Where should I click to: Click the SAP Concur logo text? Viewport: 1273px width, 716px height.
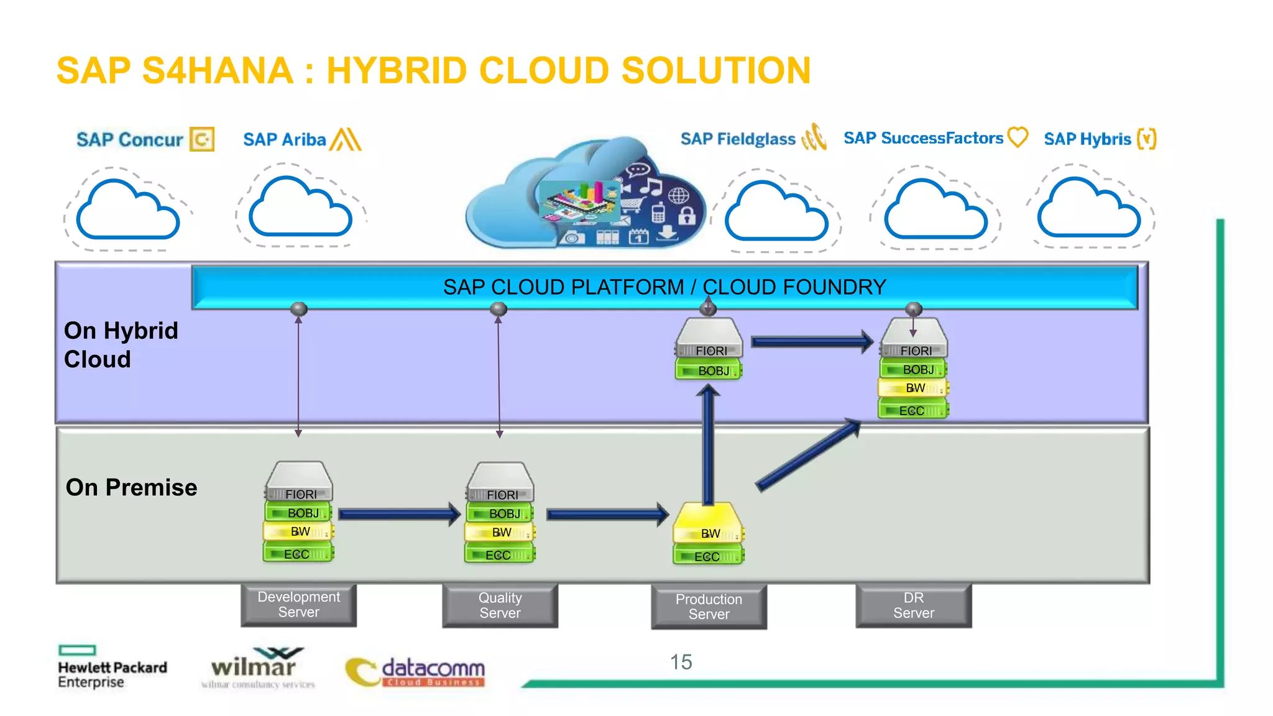tap(130, 140)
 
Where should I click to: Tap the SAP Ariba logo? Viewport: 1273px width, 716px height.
tap(301, 139)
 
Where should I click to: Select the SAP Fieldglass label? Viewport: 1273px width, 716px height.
tap(738, 139)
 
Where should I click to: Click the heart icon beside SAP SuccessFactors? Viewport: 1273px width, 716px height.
tap(1018, 137)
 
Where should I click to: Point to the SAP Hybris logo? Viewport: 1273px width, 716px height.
tap(1099, 139)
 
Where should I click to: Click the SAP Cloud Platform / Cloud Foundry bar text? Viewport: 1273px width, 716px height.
tap(664, 287)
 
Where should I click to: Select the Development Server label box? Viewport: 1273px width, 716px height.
tap(298, 605)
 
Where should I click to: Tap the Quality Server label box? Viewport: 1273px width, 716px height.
tap(500, 605)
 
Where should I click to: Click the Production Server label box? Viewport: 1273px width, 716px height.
tap(709, 607)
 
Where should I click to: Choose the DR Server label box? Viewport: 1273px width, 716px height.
tap(913, 605)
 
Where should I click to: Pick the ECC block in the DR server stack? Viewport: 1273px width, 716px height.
tap(912, 411)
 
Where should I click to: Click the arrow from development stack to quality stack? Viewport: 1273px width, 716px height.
tap(398, 514)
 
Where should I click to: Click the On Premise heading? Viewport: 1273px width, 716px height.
tap(131, 487)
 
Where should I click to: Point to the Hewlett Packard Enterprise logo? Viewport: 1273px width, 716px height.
tap(112, 668)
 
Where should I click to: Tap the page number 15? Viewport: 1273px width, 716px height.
tap(681, 662)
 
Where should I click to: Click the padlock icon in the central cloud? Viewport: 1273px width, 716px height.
tap(686, 216)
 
